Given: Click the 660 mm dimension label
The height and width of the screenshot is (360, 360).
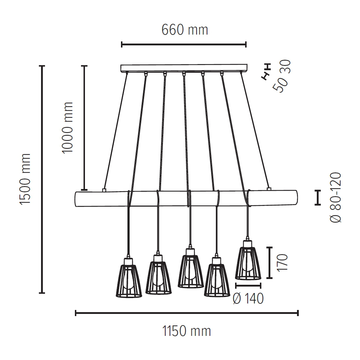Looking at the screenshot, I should click(185, 30).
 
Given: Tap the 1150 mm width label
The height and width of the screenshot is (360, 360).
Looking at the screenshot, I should click(186, 331).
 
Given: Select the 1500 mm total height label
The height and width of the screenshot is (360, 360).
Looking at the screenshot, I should click(26, 179).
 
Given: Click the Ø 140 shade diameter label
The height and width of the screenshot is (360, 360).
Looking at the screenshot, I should click(248, 299).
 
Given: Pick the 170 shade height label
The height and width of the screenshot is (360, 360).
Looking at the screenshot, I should click(283, 262).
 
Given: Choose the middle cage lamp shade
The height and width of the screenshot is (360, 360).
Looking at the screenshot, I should click(190, 270).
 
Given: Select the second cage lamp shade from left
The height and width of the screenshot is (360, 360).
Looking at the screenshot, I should click(158, 277).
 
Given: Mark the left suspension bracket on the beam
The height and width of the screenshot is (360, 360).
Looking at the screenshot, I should click(104, 189).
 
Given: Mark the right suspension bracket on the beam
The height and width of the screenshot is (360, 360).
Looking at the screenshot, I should click(269, 188).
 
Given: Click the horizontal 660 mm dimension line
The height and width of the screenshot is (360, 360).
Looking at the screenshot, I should click(184, 45).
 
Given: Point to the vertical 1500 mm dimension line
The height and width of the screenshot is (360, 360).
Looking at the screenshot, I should click(42, 179).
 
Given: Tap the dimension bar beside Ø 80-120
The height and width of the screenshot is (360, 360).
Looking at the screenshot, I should click(318, 198).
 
